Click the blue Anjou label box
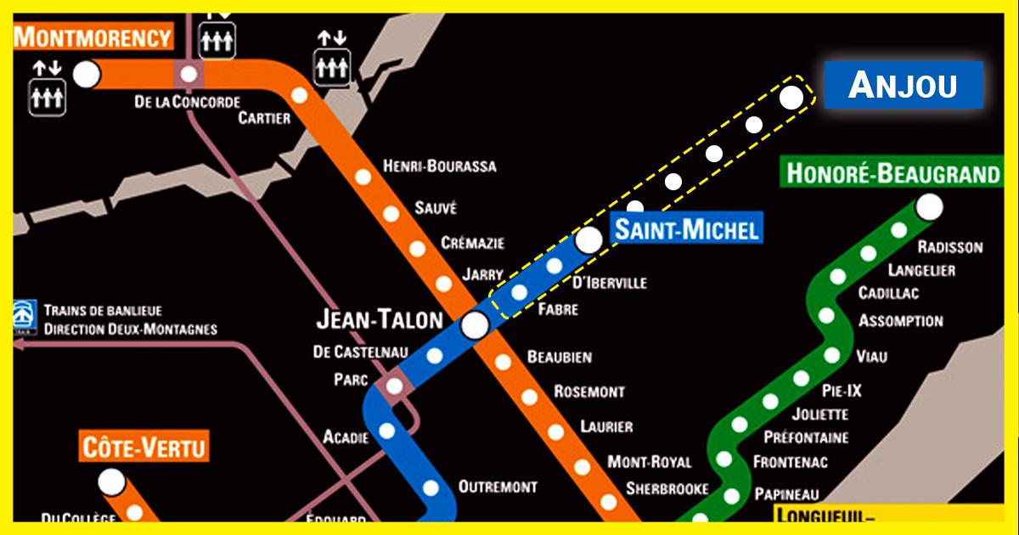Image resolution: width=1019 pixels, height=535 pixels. [x=904, y=85]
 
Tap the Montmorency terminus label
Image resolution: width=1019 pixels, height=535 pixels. [x=93, y=37]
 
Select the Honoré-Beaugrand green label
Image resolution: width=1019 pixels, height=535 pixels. [x=892, y=174]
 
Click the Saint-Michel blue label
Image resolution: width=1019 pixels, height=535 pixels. [x=686, y=229]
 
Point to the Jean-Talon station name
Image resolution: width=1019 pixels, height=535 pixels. [x=379, y=320]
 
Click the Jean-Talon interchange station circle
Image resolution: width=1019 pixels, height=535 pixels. [x=475, y=324]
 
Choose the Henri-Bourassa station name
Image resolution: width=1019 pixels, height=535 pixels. [x=439, y=166]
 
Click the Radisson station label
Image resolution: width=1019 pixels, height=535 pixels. [x=950, y=247]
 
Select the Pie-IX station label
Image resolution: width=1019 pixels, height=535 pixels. [x=842, y=391]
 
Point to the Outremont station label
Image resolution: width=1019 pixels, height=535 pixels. [x=498, y=487]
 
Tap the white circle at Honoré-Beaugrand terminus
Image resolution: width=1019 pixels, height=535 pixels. [x=929, y=206]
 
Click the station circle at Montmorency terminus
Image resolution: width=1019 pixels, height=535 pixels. [x=86, y=75]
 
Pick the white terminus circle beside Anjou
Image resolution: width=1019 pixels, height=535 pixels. [x=791, y=98]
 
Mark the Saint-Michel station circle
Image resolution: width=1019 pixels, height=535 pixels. [x=588, y=240]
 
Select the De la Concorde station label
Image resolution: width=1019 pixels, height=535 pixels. [x=187, y=102]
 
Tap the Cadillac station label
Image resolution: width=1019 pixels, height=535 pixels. [x=888, y=293]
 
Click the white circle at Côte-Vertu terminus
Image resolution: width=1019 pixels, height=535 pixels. [x=110, y=482]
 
